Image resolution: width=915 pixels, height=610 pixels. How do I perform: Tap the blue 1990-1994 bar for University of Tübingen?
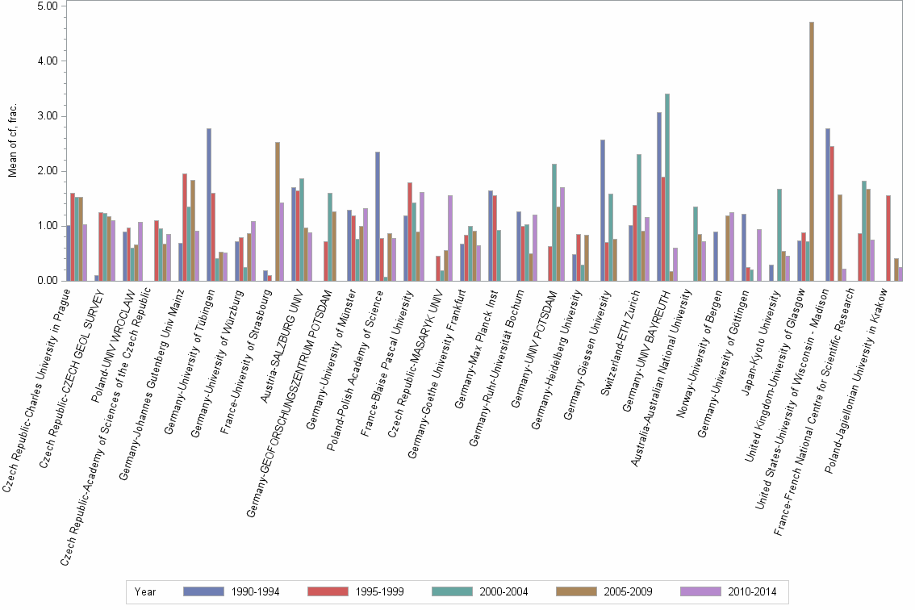[209, 205]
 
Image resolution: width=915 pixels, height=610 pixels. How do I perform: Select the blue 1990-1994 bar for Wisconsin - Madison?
[828, 205]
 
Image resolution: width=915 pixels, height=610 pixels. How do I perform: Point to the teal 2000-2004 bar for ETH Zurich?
[638, 218]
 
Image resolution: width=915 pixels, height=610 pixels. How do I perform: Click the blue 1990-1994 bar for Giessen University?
[603, 211]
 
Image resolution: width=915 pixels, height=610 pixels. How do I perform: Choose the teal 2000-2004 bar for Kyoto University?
[779, 235]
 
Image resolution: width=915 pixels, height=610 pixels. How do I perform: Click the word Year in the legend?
[145, 591]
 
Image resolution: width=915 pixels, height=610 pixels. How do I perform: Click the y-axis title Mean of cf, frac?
[12, 141]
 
